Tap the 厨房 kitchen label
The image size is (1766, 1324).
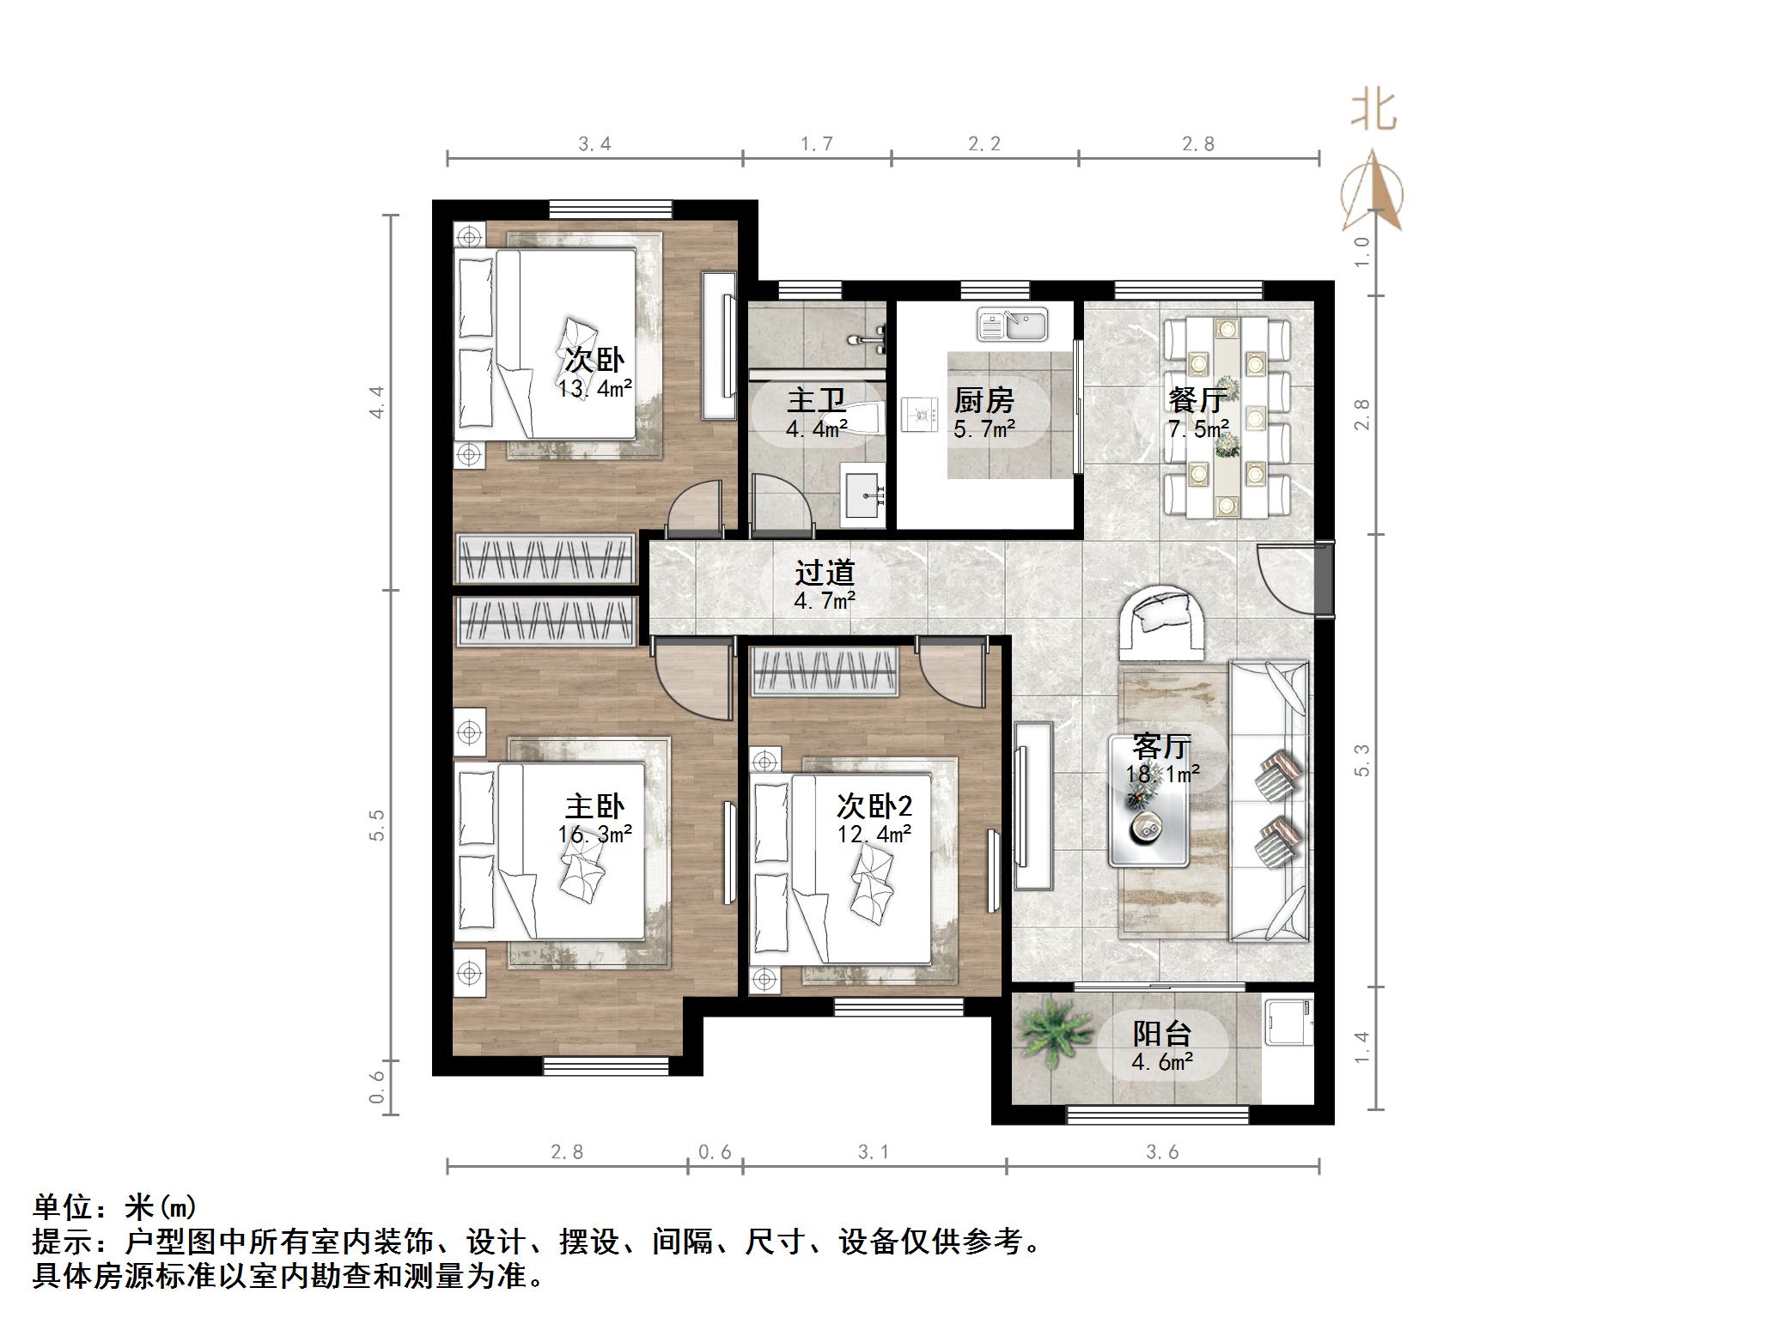[x=984, y=401]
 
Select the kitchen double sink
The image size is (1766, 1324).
[x=1012, y=325]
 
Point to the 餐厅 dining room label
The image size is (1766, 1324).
[x=1197, y=400]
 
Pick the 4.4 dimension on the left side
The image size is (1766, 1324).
[x=377, y=402]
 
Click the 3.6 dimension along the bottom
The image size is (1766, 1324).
[x=1162, y=1152]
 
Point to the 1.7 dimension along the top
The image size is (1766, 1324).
[x=816, y=144]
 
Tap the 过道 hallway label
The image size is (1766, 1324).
[x=825, y=573]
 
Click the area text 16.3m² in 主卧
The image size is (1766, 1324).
[x=595, y=834]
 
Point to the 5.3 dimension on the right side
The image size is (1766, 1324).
[x=1362, y=761]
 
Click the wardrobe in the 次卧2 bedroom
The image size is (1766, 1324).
[x=825, y=671]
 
